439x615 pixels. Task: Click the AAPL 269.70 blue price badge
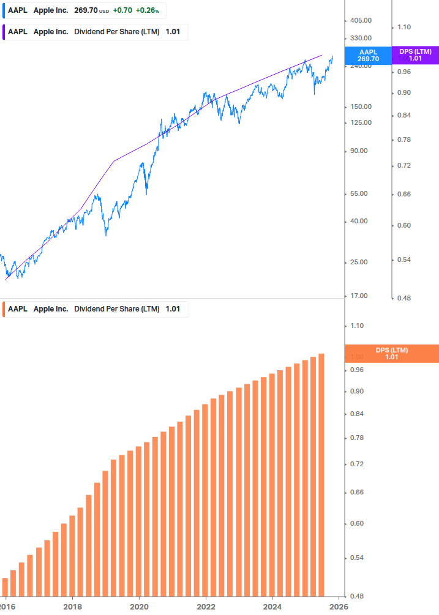pyautogui.click(x=369, y=55)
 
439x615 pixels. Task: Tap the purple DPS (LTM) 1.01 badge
pyautogui.click(x=415, y=55)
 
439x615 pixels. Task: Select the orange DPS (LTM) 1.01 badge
pyautogui.click(x=392, y=353)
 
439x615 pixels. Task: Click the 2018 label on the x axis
pyautogui.click(x=72, y=606)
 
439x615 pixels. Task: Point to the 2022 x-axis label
pyautogui.click(x=206, y=606)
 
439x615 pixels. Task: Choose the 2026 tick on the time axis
pyautogui.click(x=339, y=606)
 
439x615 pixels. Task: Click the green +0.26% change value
pyautogui.click(x=147, y=10)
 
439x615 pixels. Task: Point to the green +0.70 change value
pyautogui.click(x=122, y=10)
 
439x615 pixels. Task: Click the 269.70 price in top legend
pyautogui.click(x=86, y=10)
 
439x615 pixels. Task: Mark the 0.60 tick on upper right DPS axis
pyautogui.click(x=404, y=225)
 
